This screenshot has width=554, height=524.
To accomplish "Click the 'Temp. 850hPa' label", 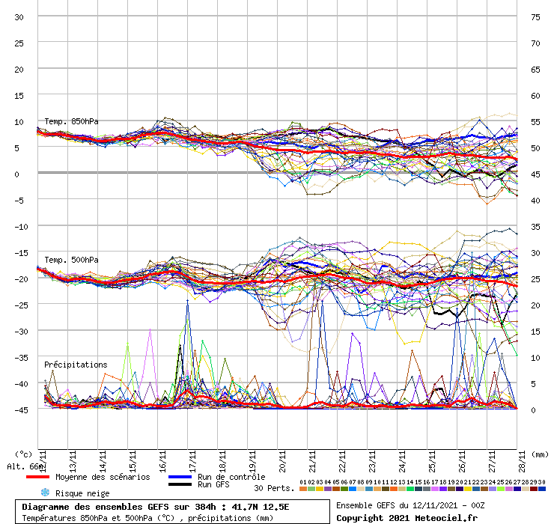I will coord(71,121).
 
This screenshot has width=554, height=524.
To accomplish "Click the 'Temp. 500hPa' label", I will coord(71,260).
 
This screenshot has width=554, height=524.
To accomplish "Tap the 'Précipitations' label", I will coord(76,365).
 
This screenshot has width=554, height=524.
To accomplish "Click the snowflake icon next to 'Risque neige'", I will coord(44,493).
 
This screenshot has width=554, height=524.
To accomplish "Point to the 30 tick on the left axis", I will coord(19,17).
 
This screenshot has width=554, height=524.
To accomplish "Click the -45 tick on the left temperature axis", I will coord(19,409).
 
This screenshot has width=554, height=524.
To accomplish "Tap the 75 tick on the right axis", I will coord(535,17).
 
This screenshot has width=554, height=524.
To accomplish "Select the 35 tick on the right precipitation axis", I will coord(535,226).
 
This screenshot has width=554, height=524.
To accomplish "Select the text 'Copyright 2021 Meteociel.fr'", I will coord(407,517).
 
